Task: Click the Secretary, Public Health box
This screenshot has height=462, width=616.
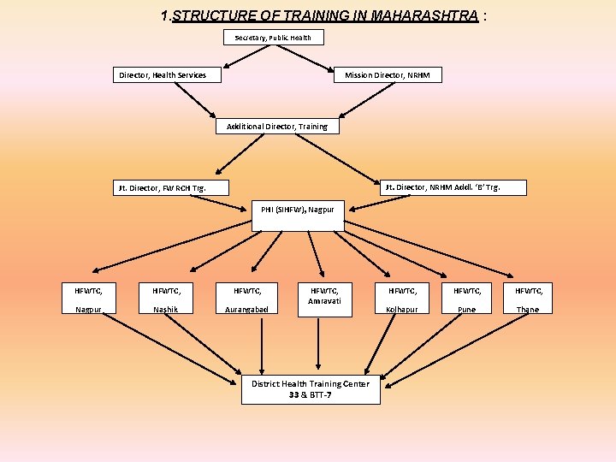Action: tap(273, 38)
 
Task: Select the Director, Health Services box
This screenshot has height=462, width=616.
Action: tap(168, 75)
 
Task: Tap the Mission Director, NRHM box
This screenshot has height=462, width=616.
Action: tap(388, 75)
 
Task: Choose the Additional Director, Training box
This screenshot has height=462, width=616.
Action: tap(277, 127)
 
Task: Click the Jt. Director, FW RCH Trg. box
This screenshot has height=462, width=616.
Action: tap(172, 187)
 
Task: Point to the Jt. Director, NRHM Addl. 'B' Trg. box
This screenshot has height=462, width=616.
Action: tap(453, 187)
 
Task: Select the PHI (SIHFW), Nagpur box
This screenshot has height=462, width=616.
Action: tap(298, 215)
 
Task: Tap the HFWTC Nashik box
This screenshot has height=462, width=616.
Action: tap(165, 299)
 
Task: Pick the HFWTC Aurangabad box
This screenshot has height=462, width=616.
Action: tap(247, 299)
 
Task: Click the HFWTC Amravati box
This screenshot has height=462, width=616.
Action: tap(324, 299)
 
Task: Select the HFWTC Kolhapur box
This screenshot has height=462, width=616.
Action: tap(402, 299)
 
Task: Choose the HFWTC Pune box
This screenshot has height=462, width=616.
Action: tap(467, 299)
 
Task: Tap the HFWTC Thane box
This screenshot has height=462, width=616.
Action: tap(528, 299)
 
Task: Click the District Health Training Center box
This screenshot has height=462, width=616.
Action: tap(311, 389)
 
